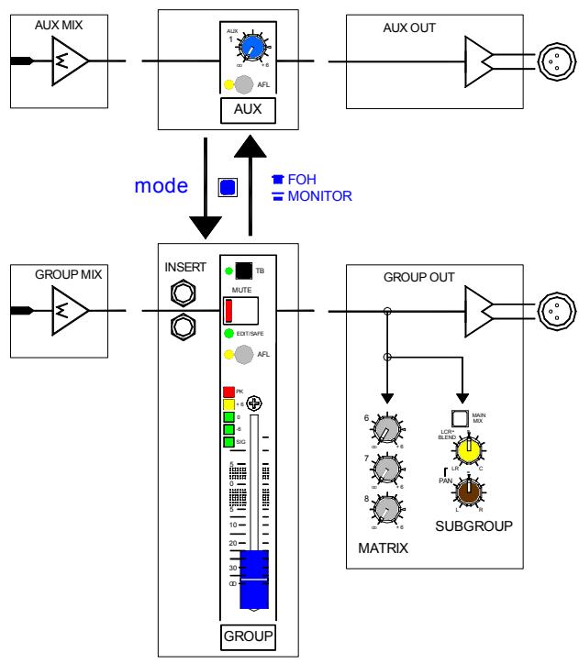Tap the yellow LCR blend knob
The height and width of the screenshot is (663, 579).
(x=467, y=449)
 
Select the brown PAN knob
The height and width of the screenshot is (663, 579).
(x=468, y=492)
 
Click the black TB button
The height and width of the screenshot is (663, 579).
(x=242, y=271)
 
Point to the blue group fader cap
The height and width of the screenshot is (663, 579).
(x=252, y=579)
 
